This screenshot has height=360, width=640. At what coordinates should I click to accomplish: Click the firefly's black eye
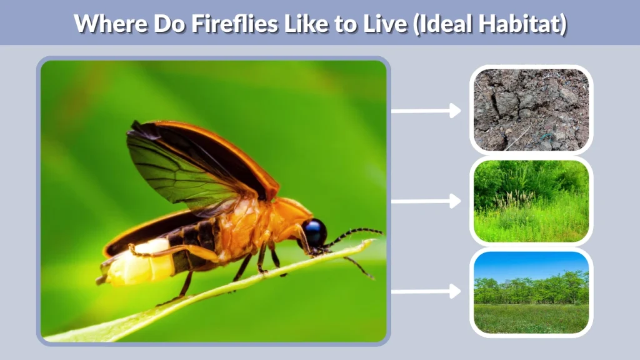[314, 232]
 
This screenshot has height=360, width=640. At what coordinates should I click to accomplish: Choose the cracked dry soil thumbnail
[531, 110]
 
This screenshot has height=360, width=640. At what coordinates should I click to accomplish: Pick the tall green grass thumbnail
[531, 201]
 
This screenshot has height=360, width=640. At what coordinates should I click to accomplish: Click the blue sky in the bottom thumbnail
[531, 264]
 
